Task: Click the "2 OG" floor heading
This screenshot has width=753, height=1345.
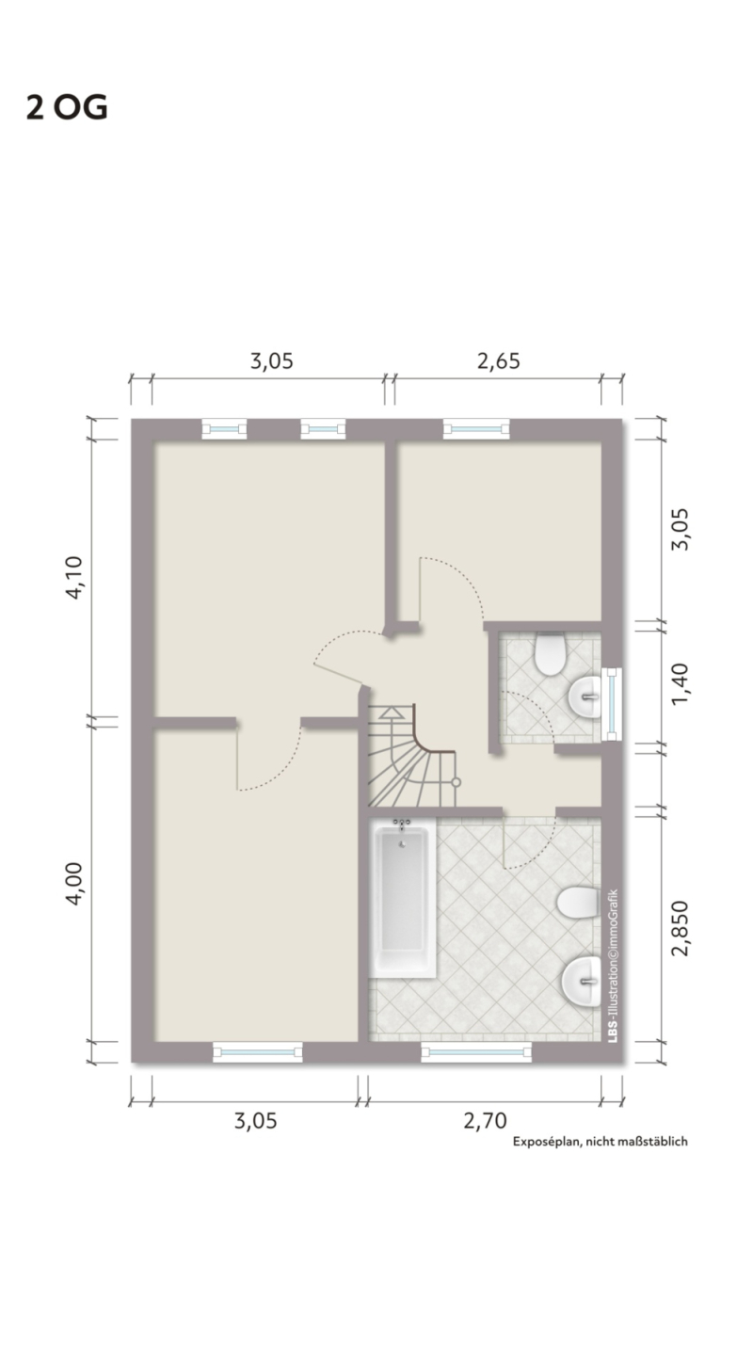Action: pos(67,108)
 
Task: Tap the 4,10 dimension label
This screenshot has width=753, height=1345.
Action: pos(75,577)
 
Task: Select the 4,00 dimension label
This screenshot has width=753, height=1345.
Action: pos(75,883)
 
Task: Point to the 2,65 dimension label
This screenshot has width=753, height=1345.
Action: pos(499,361)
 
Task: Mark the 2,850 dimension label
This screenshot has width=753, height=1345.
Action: pos(681,928)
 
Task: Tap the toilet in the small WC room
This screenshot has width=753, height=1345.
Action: pos(551,654)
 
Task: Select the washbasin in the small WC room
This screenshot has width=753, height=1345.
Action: pos(585,697)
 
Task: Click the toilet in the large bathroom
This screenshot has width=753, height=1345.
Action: pos(579,903)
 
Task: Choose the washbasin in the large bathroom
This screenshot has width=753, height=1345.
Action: pos(582,981)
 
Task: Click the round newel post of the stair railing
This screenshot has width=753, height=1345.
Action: pos(456,782)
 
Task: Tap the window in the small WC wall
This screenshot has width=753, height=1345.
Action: pos(612,704)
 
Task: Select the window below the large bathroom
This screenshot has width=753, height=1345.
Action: pos(476,1052)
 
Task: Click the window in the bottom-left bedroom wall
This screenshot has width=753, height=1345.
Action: pos(258,1052)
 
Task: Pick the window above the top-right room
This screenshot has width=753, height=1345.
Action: pos(476,428)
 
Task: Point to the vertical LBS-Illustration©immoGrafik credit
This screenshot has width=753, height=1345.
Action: pos(613,966)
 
